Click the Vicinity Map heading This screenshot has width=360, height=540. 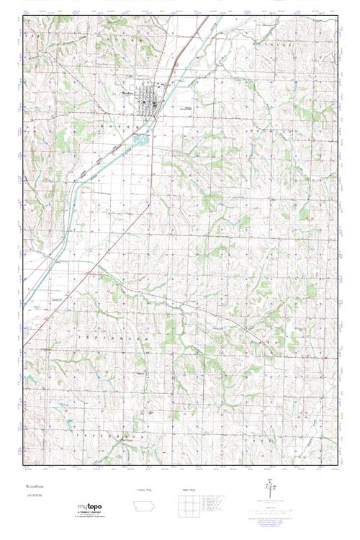145,489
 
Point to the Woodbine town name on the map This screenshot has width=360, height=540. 128,93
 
